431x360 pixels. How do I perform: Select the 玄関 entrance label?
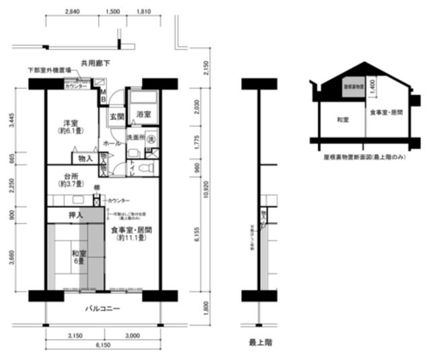[116, 116]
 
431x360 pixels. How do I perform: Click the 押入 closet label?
[75, 215]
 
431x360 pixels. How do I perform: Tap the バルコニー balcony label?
[102, 309]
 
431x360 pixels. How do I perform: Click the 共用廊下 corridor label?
[95, 63]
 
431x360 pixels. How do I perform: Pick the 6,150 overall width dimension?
[102, 345]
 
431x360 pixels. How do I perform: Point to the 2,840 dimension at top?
[73, 12]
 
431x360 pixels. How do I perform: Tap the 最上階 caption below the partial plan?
[260, 343]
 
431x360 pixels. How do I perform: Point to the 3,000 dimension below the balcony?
[132, 334]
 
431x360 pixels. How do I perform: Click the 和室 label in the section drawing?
[342, 119]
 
